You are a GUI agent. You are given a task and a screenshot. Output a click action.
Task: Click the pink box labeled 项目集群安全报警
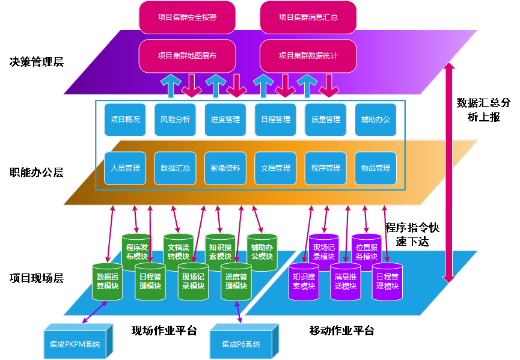(187, 17)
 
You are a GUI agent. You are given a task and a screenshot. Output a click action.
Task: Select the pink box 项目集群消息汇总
(308, 17)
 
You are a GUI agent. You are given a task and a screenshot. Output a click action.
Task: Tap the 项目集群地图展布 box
(187, 56)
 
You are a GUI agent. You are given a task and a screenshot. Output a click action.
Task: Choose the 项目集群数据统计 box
(308, 56)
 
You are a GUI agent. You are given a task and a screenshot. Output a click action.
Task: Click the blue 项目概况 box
(125, 120)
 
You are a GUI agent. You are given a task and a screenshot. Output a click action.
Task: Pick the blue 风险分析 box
(175, 120)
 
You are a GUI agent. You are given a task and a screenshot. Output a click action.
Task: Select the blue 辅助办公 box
(376, 120)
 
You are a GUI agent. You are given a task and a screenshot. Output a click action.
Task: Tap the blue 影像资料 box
(225, 168)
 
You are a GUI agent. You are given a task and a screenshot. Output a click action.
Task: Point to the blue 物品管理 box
(376, 168)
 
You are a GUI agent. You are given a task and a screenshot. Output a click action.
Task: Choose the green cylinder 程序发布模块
(137, 251)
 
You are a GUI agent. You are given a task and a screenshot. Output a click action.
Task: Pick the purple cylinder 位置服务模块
(367, 251)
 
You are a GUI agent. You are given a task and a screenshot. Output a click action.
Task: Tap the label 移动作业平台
(341, 331)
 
